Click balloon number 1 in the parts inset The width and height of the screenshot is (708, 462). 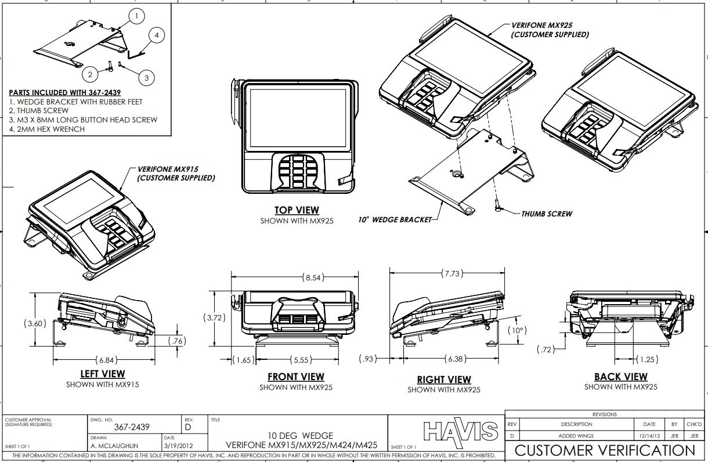(x=136, y=17)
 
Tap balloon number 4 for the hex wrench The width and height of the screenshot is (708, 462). (x=157, y=35)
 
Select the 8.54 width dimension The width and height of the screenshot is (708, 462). (x=313, y=277)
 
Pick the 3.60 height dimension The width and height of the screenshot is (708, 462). (x=34, y=324)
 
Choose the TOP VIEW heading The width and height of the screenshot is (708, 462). (x=297, y=210)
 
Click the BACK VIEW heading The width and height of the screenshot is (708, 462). (x=620, y=377)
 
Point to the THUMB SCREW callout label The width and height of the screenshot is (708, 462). (x=546, y=214)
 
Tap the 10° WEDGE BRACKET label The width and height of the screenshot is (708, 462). (x=395, y=220)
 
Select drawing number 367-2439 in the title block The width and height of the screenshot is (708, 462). (x=132, y=427)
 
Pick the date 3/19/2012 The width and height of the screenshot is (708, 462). (x=178, y=446)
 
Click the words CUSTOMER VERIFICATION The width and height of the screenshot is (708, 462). (x=605, y=450)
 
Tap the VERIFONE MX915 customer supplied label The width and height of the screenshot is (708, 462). (x=175, y=174)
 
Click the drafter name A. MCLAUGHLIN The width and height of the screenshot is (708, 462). (x=115, y=446)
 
